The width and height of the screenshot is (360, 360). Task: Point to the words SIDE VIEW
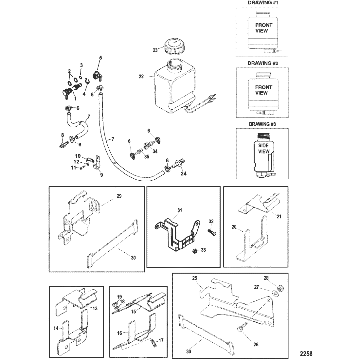click(x=264, y=148)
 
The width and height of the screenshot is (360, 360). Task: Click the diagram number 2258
click(x=306, y=353)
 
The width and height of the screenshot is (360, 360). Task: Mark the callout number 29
click(x=118, y=196)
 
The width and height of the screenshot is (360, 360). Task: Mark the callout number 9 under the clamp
click(x=101, y=175)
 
